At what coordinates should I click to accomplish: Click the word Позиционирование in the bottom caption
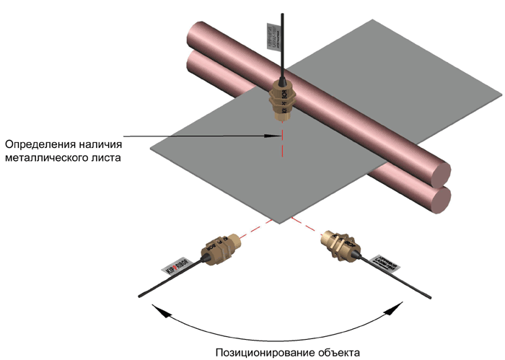pyautogui.click(x=265, y=352)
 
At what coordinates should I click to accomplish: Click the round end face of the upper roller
pyautogui.click(x=438, y=173)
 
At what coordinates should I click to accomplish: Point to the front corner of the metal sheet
pyautogui.click(x=276, y=219)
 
